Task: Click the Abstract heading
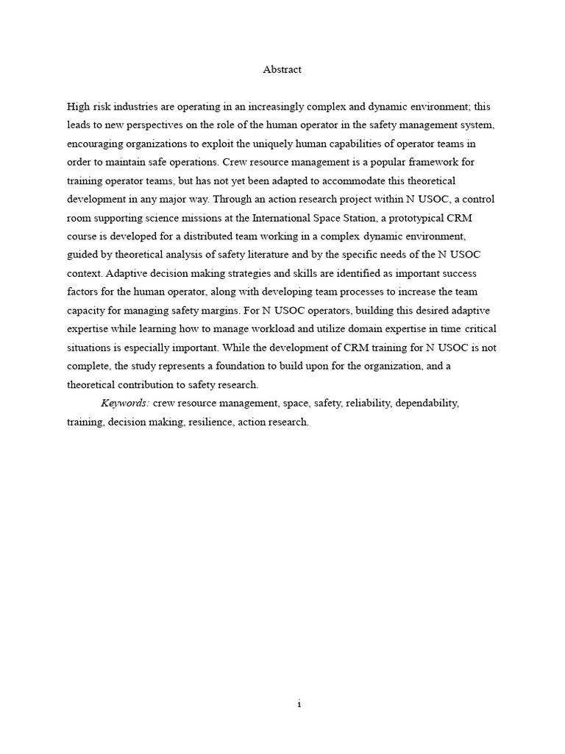(282, 70)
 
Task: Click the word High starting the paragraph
(79, 107)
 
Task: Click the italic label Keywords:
(125, 404)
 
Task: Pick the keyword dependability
(427, 404)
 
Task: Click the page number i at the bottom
(299, 704)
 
